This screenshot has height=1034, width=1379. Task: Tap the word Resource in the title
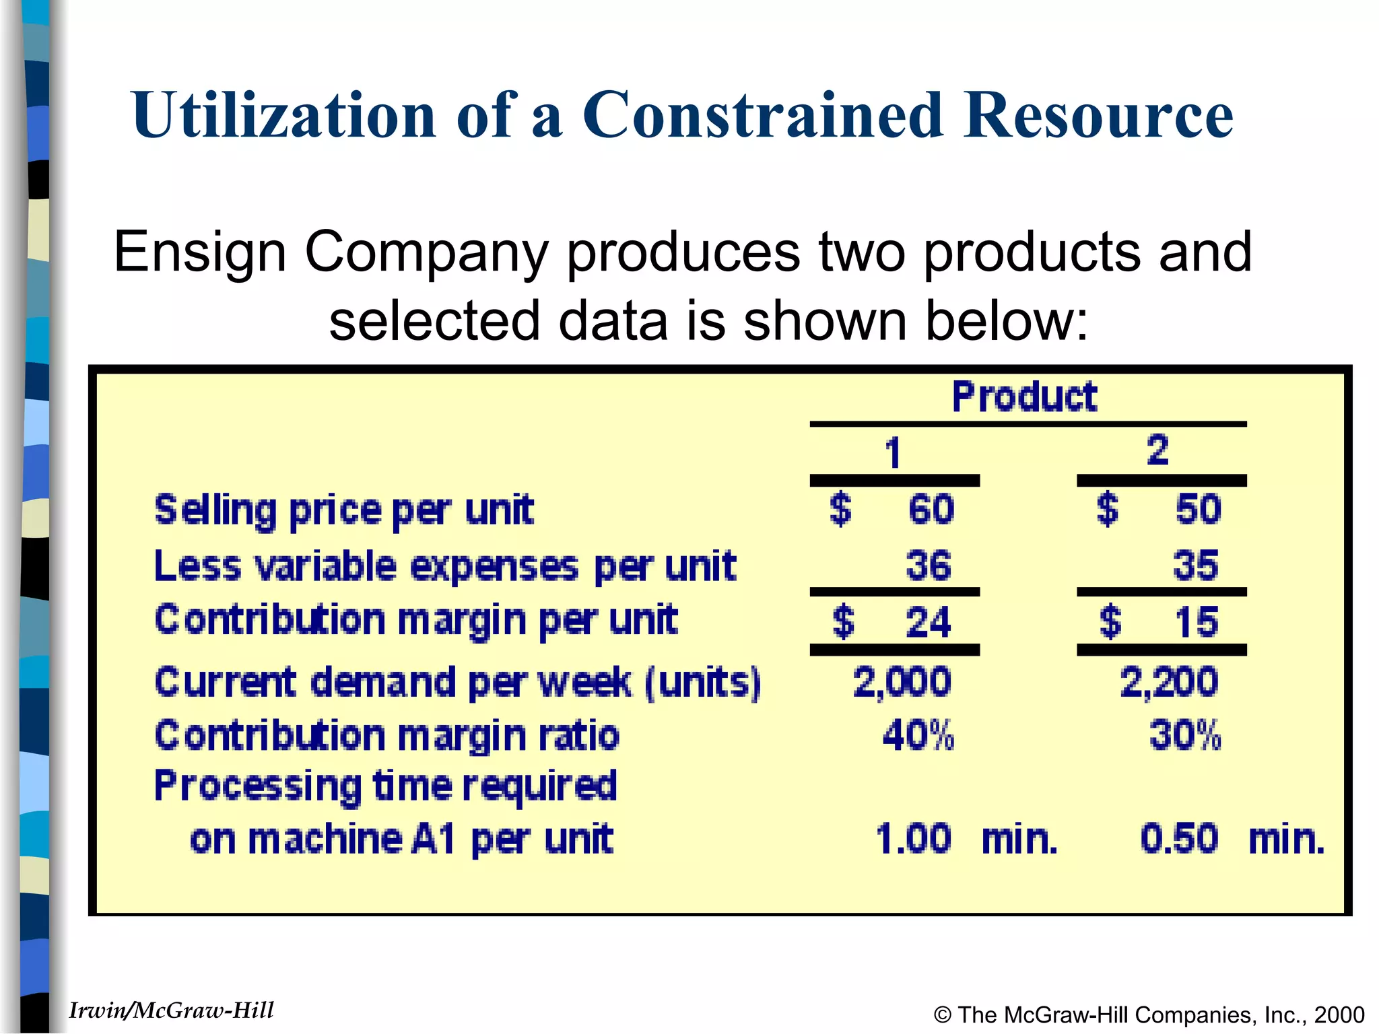[x=1098, y=115]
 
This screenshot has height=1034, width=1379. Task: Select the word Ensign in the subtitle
[x=200, y=252]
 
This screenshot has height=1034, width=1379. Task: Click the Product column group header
[x=1024, y=397]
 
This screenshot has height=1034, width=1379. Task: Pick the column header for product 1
[x=893, y=452]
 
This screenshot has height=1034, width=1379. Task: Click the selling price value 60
[x=931, y=509]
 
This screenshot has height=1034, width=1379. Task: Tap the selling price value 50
[x=1198, y=509]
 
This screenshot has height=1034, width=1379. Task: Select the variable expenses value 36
[x=928, y=565]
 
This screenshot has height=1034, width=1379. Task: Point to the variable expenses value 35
[x=1195, y=565]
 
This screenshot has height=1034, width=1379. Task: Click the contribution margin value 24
[x=928, y=621]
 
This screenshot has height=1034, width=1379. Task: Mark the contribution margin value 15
[x=1197, y=621]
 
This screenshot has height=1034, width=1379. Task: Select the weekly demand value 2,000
[x=902, y=682]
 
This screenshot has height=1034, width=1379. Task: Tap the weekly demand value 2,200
[x=1169, y=682]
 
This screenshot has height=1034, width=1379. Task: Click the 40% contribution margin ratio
[x=918, y=735]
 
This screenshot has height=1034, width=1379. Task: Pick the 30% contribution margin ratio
[x=1185, y=735]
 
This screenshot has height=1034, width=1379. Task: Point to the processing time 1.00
[x=914, y=839]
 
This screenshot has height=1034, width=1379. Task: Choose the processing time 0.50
[x=1179, y=839]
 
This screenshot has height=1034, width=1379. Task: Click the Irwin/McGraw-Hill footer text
[x=171, y=1010]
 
